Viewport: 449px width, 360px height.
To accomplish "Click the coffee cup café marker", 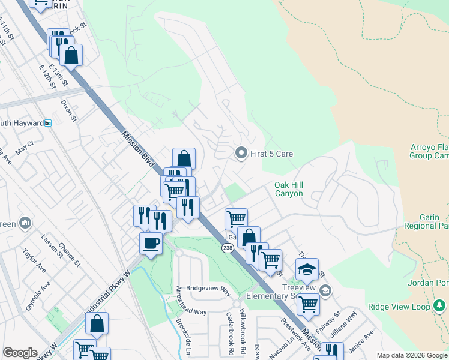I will [150, 244].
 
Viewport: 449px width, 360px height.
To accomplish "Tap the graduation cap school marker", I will [307, 270].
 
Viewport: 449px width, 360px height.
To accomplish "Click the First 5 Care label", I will [271, 154].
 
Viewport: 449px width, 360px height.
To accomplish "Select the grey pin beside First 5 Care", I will [241, 154].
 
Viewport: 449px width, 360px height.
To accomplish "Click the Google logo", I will [20, 353].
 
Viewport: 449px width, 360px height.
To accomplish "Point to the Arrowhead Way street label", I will [191, 312].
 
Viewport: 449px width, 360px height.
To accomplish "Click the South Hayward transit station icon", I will [48, 123].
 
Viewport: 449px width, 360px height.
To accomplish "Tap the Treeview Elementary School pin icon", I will [325, 291].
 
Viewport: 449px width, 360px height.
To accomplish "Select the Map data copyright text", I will [411, 355].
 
